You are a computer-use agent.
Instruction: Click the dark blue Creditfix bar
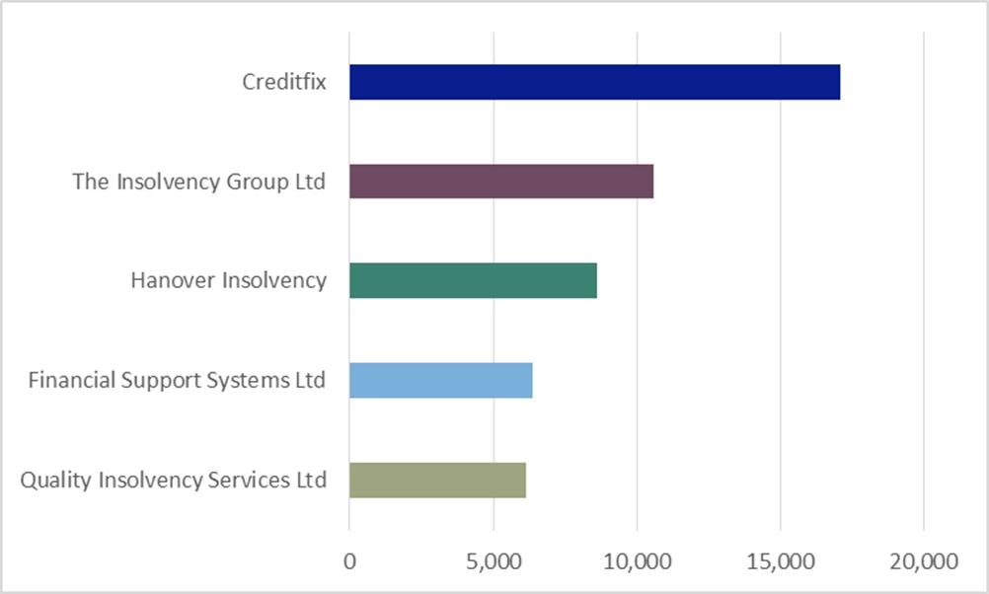(594, 82)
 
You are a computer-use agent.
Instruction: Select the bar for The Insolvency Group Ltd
(501, 182)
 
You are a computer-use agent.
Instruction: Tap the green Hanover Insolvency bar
(473, 281)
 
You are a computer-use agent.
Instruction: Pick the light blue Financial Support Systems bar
(440, 380)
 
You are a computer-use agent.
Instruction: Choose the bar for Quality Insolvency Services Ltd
(437, 481)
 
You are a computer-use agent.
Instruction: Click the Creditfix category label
(284, 82)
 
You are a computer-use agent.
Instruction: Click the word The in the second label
(91, 182)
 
